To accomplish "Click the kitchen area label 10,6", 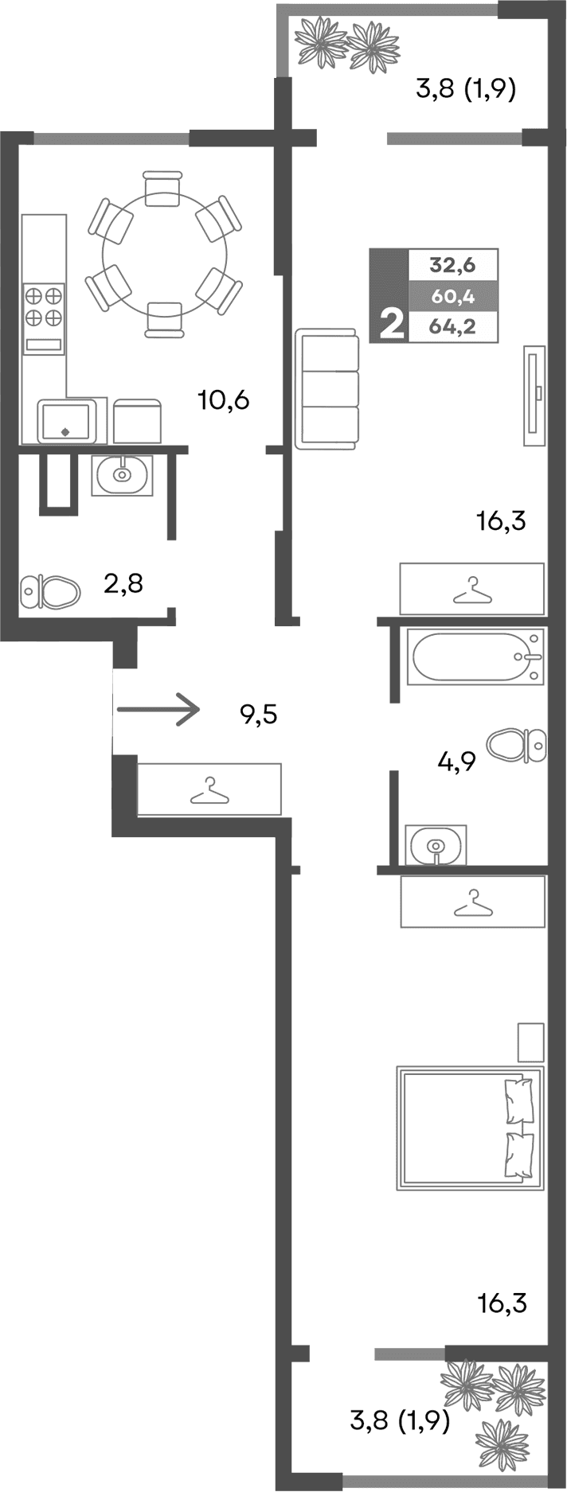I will (224, 399).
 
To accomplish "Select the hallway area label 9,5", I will (258, 715).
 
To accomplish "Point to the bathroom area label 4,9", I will (456, 762).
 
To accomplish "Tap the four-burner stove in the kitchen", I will (44, 306).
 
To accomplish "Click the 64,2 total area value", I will (452, 326).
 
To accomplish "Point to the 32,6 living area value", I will (452, 264).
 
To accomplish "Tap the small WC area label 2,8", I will (123, 585).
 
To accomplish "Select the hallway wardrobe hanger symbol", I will (209, 789).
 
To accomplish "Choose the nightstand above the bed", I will (530, 1042).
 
